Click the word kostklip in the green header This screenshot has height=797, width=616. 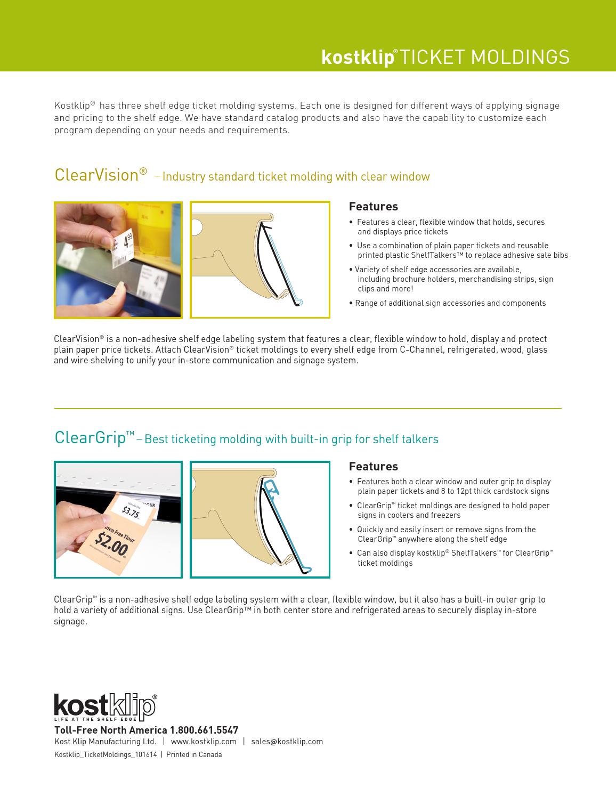click(x=357, y=58)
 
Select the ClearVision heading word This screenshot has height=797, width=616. click(x=96, y=175)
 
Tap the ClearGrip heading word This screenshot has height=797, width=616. click(x=90, y=437)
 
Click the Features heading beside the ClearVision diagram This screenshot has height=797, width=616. click(x=373, y=206)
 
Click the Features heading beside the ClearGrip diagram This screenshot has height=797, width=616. click(x=373, y=466)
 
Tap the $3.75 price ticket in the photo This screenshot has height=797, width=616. click(x=131, y=512)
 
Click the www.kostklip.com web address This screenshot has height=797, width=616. click(x=204, y=742)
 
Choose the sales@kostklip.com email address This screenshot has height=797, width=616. click(x=287, y=742)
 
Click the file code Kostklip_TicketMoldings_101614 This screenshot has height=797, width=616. click(x=106, y=754)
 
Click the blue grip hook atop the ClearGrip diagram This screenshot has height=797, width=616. click(x=272, y=485)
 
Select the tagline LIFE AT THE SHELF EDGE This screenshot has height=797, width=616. click(x=95, y=720)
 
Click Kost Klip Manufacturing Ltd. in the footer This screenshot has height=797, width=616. click(x=106, y=742)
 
